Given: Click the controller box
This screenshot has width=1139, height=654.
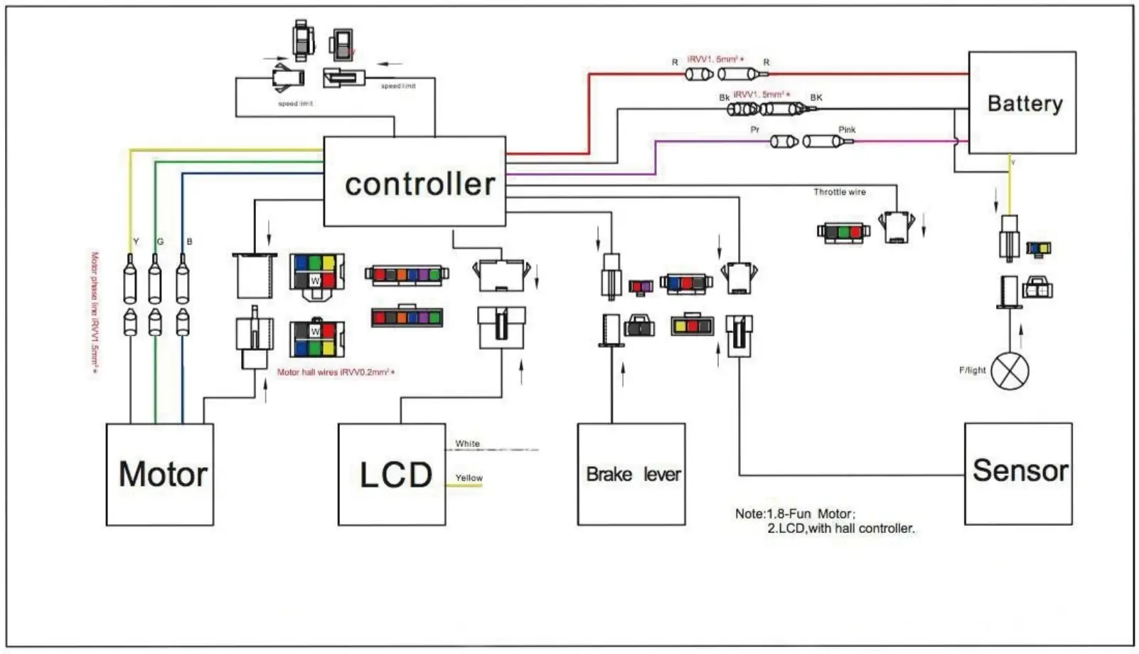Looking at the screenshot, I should [x=415, y=181].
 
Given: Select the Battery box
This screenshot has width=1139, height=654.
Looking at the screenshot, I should [x=1022, y=102].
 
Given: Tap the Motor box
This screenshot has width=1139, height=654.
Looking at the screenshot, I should [x=160, y=475].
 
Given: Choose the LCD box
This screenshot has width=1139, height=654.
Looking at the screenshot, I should [x=392, y=475].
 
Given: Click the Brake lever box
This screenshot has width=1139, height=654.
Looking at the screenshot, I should [x=631, y=475].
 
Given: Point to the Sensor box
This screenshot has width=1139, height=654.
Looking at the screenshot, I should [x=1018, y=473].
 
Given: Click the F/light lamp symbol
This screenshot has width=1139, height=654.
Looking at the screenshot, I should [x=1010, y=371].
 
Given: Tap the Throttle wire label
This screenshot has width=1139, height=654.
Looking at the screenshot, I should [x=840, y=192].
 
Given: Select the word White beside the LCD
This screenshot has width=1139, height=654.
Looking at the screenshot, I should [x=468, y=443].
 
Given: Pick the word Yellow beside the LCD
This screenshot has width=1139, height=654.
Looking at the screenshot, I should [x=469, y=478].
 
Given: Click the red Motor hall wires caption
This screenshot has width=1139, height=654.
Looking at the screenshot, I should [x=336, y=372].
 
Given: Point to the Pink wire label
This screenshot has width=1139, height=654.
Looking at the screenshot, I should [x=847, y=130].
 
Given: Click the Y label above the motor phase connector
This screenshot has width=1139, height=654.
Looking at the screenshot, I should [x=136, y=242].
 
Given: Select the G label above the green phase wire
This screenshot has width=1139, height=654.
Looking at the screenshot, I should [x=161, y=242].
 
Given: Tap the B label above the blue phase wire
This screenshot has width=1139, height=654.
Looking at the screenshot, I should [x=189, y=242].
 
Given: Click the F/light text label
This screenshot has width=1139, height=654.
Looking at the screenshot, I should [x=972, y=370].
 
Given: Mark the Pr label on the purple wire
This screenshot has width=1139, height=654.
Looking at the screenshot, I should [x=755, y=130].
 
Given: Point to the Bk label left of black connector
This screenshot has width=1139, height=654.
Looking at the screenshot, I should [x=724, y=97].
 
